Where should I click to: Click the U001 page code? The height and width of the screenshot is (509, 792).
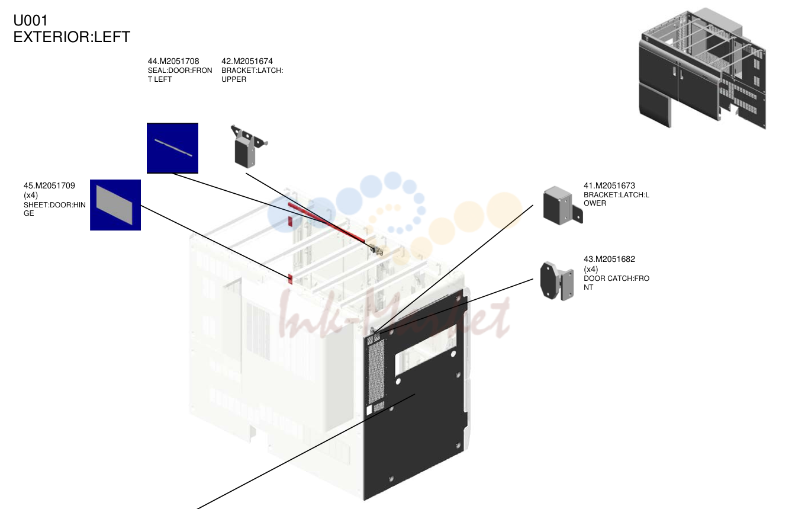[x=30, y=21]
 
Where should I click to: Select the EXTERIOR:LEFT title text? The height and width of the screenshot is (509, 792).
[x=72, y=37]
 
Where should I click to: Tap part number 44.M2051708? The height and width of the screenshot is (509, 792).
[x=173, y=61]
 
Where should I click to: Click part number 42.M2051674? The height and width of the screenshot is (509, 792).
[x=247, y=61]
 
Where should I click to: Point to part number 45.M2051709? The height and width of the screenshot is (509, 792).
[x=49, y=185]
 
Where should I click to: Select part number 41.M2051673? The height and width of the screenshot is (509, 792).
[x=609, y=185]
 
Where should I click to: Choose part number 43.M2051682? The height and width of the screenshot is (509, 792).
[x=609, y=259]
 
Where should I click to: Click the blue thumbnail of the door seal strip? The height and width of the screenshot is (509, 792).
[x=172, y=148]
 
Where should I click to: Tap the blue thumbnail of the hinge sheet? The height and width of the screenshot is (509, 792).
[x=115, y=205]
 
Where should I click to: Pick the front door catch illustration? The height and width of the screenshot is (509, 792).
[x=556, y=281]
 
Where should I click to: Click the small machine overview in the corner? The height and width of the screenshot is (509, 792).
[x=702, y=68]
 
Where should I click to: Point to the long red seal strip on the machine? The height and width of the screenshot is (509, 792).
[x=326, y=222]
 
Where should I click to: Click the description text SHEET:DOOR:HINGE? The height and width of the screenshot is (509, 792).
[x=54, y=209]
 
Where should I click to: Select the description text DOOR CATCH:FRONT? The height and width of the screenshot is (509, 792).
[x=616, y=283]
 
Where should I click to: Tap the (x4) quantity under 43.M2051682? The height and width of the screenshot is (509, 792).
[x=591, y=269]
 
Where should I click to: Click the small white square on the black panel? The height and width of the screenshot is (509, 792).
[x=369, y=410]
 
